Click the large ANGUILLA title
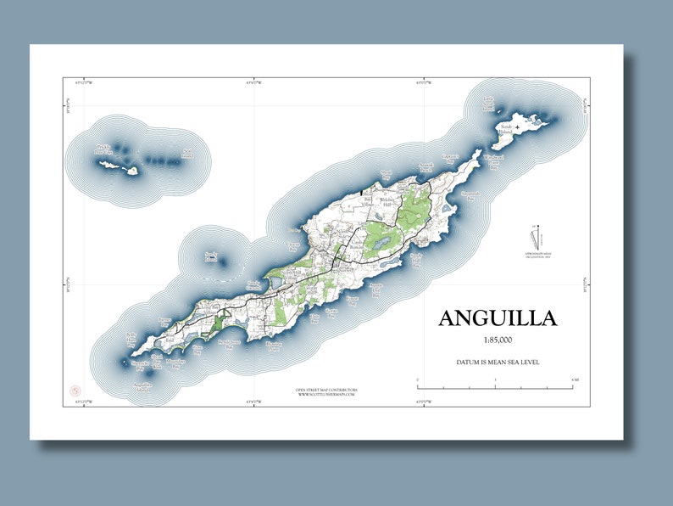[x=498, y=318]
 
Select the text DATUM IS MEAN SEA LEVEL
[x=498, y=363]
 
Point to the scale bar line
[x=496, y=387]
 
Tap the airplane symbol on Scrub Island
[x=518, y=127]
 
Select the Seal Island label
[x=187, y=155]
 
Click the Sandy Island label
[x=211, y=256]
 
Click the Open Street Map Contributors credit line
[x=326, y=390]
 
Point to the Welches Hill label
[x=388, y=202]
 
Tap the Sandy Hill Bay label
[x=417, y=256]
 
